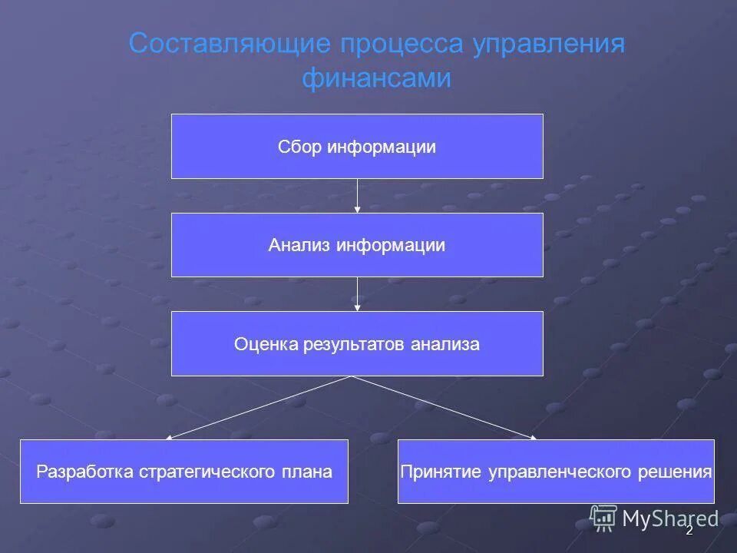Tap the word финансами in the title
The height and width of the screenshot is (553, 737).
tap(376, 78)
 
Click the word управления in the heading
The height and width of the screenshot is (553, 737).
tap(548, 44)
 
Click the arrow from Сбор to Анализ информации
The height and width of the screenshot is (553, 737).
tap(358, 196)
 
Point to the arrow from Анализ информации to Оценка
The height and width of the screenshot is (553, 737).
tap(358, 294)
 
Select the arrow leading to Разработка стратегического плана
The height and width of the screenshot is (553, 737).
tap(259, 407)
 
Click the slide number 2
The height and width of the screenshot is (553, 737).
tap(689, 530)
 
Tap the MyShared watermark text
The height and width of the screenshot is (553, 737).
tap(669, 519)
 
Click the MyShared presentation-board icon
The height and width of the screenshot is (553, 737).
tap(604, 518)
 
